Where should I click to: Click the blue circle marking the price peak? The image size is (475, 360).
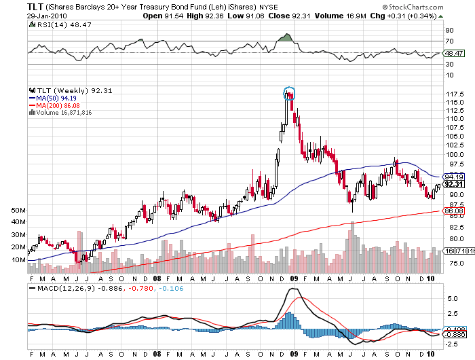(x=290, y=92)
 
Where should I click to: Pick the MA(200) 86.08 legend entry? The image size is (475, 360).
(x=58, y=106)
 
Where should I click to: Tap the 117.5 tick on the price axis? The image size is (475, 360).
(x=453, y=94)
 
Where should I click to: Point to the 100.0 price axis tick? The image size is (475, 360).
(x=453, y=154)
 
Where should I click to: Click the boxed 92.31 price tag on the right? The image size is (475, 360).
(x=453, y=185)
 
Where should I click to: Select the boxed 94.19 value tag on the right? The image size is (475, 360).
(x=453, y=177)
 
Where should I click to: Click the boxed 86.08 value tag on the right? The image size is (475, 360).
(x=453, y=211)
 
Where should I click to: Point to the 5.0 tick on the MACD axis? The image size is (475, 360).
(x=450, y=298)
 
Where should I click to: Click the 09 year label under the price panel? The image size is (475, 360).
(x=294, y=278)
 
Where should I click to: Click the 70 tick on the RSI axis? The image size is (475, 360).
(x=449, y=41)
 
